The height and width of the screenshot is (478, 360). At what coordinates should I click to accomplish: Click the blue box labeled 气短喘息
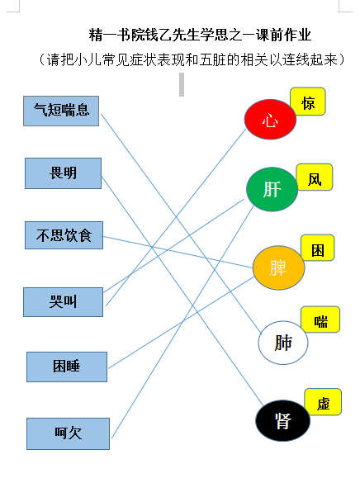(61, 111)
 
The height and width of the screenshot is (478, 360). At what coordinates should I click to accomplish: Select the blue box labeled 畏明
(63, 173)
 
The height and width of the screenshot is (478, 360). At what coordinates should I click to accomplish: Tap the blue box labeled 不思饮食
(64, 235)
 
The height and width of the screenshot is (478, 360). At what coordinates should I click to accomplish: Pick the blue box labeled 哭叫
(63, 302)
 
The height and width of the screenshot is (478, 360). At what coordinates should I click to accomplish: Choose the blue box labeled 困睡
(67, 367)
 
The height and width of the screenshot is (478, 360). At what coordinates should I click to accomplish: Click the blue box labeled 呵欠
(68, 433)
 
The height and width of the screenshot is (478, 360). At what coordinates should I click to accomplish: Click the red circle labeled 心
(270, 119)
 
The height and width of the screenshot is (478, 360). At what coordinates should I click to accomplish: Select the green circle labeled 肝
(272, 189)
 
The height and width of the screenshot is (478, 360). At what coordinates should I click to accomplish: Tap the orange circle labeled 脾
(278, 267)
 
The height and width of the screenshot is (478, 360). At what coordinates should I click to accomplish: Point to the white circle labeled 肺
(283, 343)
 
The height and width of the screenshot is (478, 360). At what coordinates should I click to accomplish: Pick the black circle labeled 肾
(282, 421)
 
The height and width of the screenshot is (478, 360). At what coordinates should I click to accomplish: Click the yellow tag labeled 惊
(308, 102)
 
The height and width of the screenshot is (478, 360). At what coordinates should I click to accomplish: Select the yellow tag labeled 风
(315, 177)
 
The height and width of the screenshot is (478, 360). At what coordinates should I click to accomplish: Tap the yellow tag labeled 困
(318, 248)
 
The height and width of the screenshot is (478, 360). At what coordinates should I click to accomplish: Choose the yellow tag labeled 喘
(320, 319)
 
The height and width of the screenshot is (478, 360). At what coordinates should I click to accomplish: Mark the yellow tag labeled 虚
(323, 402)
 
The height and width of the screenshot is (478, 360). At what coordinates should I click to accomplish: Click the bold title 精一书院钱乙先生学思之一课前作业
(200, 35)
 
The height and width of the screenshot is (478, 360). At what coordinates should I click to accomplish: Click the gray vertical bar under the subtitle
(182, 84)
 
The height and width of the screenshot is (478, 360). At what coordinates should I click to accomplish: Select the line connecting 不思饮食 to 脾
(178, 252)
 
